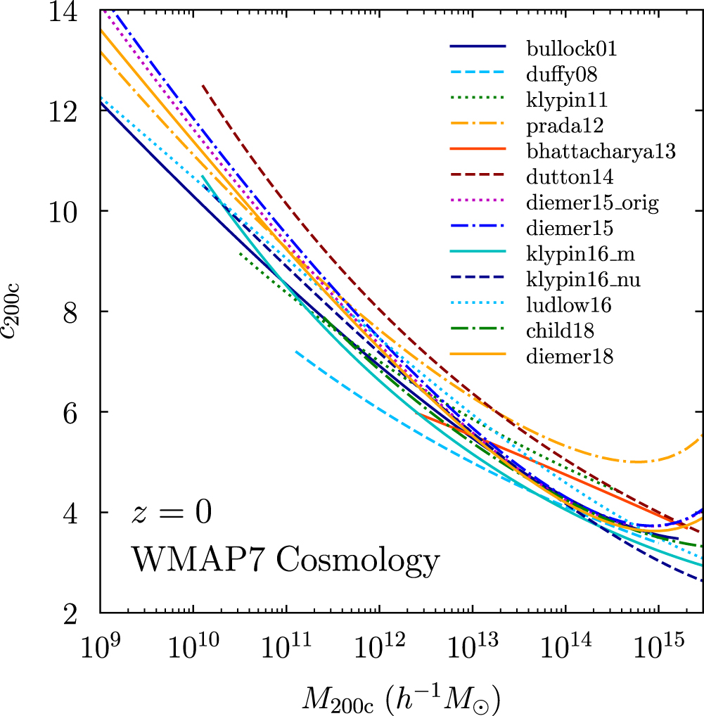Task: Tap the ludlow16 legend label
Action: (568, 305)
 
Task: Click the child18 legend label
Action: (559, 331)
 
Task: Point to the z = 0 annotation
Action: (171, 513)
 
